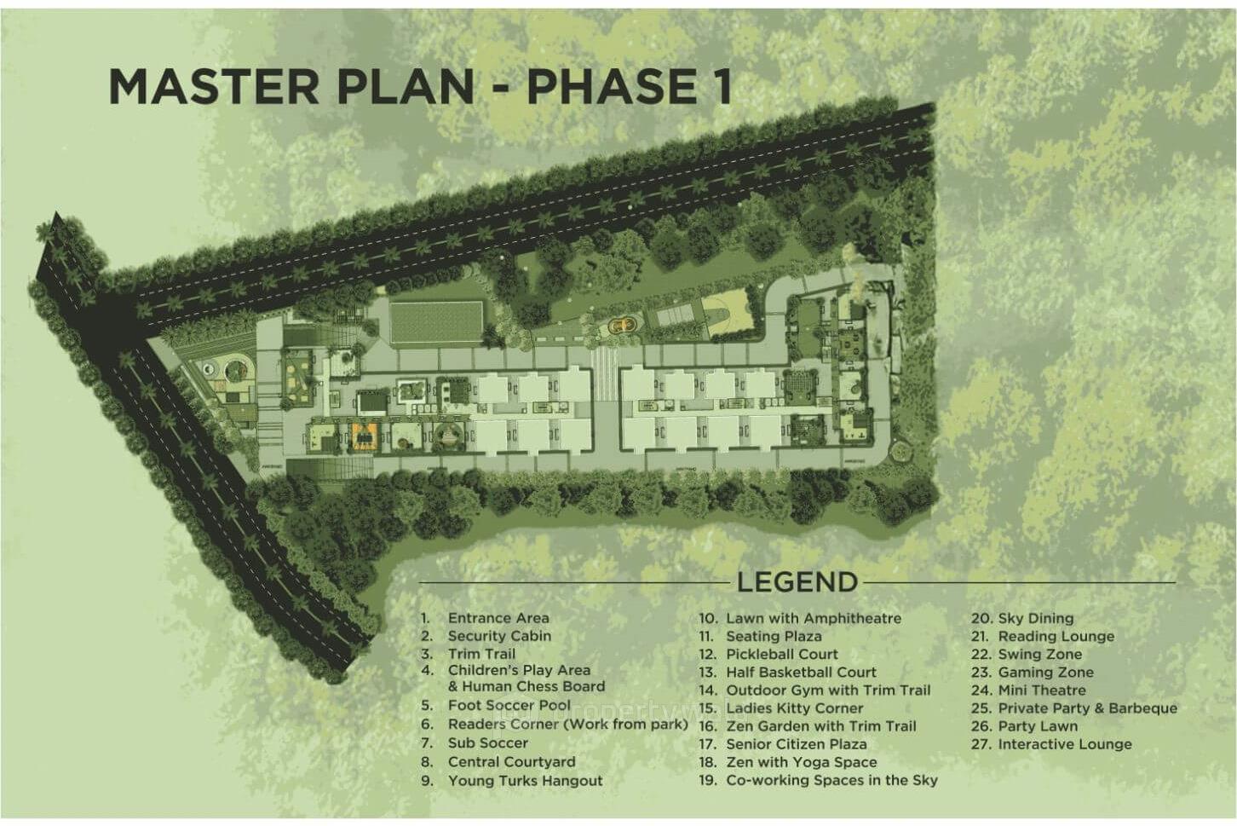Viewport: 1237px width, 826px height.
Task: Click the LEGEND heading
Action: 797,582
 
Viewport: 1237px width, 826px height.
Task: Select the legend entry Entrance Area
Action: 498,618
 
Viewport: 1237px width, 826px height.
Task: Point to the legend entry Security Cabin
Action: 499,636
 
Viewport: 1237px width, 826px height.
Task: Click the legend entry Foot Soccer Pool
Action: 509,705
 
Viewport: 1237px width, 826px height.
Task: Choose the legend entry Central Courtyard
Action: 511,762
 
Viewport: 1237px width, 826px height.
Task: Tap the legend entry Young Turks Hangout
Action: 525,780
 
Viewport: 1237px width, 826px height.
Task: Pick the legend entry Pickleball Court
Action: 781,654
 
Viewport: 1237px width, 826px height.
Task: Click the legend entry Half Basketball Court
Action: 801,672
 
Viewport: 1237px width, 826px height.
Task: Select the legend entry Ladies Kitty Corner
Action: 794,708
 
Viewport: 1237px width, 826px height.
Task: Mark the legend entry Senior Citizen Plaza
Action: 796,744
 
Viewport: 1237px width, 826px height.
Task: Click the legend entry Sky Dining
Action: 1035,618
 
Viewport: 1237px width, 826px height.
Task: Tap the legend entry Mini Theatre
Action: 1041,690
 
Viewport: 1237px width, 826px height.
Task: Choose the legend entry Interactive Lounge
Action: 1064,744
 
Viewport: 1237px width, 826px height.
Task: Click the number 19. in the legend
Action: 708,780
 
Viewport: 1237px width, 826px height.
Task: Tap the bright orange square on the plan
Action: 361,436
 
